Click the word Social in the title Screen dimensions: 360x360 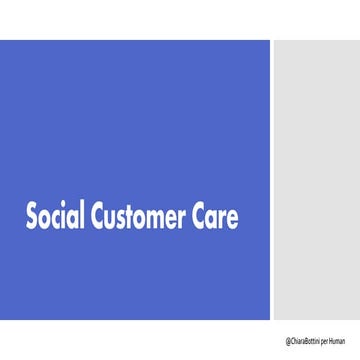point(55,216)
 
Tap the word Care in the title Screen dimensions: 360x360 point(217,216)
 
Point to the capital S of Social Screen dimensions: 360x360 point(32,216)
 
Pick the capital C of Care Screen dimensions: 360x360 point(201,216)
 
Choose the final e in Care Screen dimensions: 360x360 point(234,218)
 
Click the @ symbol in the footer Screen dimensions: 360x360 point(287,341)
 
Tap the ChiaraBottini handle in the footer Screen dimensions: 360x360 point(307,341)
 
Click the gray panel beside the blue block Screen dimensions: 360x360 point(316,180)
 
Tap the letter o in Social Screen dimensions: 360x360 point(46,218)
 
